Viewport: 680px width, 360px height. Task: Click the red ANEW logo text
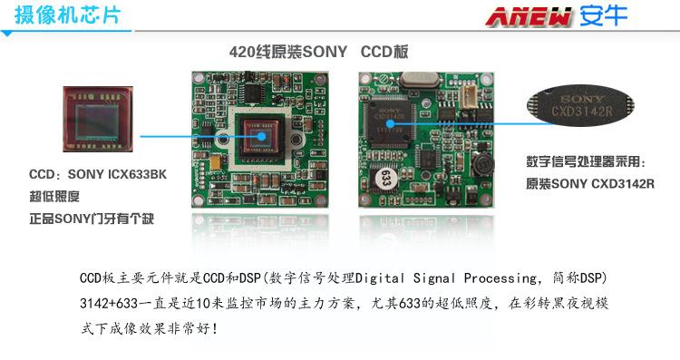[528, 17]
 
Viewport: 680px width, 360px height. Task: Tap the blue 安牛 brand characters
[603, 16]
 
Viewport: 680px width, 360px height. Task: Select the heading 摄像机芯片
[67, 15]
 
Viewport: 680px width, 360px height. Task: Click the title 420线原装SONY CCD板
[318, 52]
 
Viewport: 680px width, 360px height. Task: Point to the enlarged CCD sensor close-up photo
[98, 120]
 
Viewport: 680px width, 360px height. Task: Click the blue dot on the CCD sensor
[261, 136]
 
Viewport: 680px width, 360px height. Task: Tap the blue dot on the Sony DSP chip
[390, 123]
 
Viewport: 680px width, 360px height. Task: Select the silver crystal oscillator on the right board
[420, 80]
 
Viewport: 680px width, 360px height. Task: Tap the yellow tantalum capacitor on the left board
[216, 162]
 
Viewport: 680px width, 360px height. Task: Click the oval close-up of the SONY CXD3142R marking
[580, 105]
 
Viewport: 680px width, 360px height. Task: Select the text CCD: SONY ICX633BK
[98, 174]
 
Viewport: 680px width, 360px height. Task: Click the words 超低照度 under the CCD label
[54, 197]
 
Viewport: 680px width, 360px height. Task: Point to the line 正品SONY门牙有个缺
[92, 219]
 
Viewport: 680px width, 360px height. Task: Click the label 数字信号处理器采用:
[586, 161]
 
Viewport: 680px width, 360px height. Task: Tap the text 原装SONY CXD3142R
[590, 183]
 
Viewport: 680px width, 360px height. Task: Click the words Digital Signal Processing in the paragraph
[445, 278]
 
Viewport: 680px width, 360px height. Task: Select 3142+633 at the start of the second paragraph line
[109, 303]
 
